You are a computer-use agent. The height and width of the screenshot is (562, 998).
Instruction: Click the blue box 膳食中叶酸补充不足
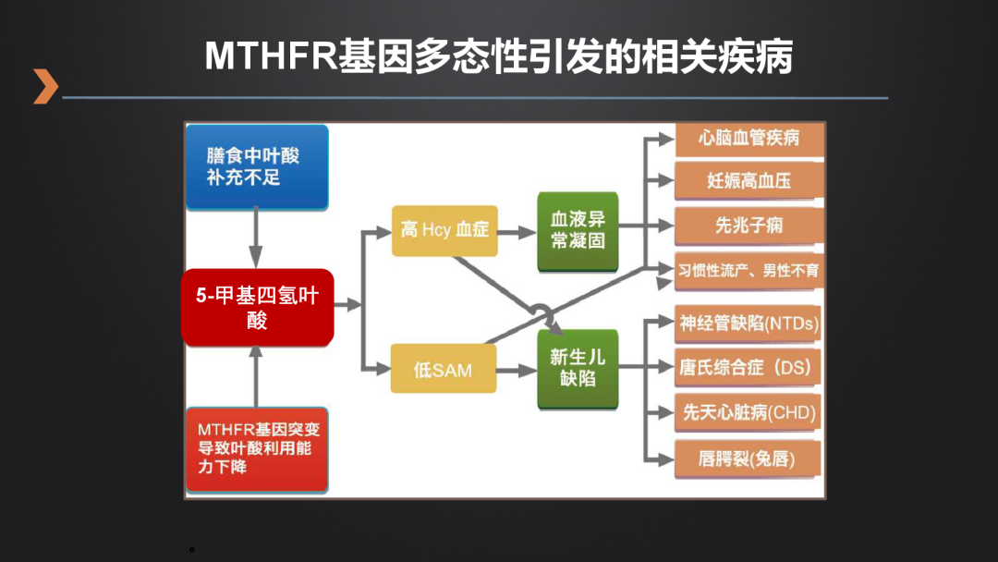pos(257,167)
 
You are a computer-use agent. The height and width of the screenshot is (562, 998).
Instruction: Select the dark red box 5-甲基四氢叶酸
pos(257,308)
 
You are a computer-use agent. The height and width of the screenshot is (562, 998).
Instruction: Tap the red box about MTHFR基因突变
pos(257,449)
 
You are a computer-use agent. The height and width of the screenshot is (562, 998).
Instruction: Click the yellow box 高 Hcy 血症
pos(444,229)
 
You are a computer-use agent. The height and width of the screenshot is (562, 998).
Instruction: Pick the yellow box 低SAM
pos(443,369)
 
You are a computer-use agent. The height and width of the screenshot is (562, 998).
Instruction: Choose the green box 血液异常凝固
pos(578,230)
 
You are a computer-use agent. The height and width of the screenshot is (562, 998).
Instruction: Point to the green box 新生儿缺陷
pos(578,368)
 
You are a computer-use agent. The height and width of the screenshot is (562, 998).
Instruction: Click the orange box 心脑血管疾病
pos(749,139)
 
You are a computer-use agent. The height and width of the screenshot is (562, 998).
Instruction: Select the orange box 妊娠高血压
pos(749,181)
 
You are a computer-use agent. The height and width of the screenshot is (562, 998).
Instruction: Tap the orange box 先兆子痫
pos(749,225)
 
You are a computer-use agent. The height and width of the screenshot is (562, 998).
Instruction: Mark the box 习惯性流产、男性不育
pos(748,271)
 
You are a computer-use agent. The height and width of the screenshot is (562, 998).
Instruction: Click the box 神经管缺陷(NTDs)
pos(748,324)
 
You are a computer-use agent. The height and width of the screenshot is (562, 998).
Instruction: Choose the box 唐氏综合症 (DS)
pos(748,367)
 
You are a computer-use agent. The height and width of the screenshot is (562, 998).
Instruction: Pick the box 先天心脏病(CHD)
pos(748,412)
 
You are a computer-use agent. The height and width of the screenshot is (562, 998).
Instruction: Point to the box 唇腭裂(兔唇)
pos(748,458)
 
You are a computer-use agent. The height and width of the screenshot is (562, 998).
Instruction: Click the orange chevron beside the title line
pos(45,86)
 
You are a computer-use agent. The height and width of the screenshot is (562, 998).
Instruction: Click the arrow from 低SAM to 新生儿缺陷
pos(517,370)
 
